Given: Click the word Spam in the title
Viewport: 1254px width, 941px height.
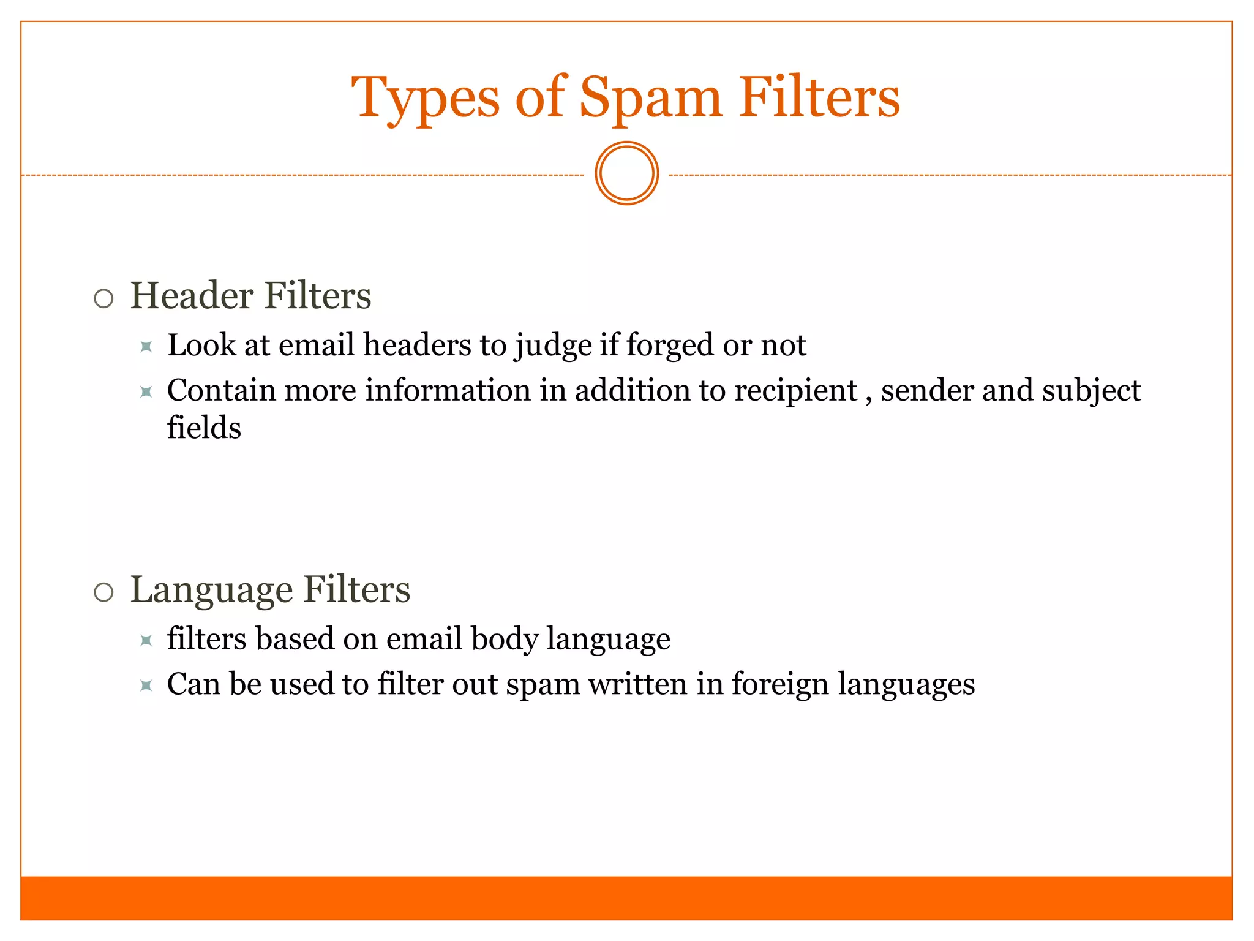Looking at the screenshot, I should pos(650,98).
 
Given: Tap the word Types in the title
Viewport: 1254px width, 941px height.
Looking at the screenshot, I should pos(426,98).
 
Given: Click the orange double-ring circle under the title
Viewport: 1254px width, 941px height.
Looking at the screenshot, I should pos(626,173).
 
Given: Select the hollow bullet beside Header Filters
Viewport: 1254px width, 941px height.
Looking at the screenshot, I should pos(104,298).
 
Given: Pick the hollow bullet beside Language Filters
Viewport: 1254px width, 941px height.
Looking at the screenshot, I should pos(104,592).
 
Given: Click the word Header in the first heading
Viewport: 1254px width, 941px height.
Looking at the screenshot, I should pos(192,296).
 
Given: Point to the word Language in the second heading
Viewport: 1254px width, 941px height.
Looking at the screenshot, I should pos(211,591).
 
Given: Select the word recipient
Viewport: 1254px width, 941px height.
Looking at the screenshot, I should pos(795,391).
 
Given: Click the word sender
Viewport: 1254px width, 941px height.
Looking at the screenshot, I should pos(927,391).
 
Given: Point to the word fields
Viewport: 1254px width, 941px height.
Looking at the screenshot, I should pos(204,428).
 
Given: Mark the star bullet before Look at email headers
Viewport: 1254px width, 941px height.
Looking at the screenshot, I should pos(146,347).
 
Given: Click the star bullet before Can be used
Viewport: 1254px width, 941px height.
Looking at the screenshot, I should pos(146,686).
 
